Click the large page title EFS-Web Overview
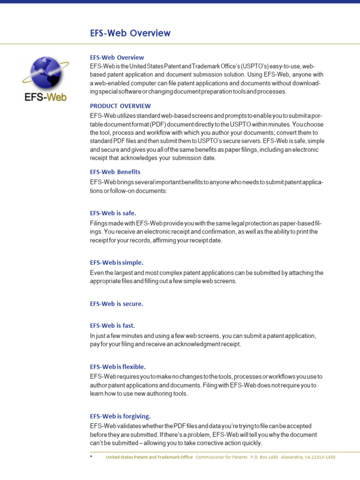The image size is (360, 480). click(130, 33)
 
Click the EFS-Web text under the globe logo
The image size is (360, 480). click(45, 97)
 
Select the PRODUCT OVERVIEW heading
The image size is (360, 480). click(120, 106)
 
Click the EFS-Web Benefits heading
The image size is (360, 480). click(115, 172)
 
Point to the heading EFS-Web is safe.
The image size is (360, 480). click(113, 213)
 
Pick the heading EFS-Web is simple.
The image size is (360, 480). click(116, 262)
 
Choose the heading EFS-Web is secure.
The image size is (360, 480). click(116, 304)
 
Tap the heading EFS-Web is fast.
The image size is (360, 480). click(112, 325)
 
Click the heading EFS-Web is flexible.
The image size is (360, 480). click(118, 367)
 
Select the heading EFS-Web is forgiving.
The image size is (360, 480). click(120, 416)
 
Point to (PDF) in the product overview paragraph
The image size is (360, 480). click(159, 124)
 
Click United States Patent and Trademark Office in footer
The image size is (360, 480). click(149, 457)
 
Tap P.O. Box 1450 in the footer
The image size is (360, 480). click(264, 457)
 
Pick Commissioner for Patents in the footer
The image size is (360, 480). click(221, 457)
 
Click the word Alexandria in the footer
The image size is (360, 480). click(292, 457)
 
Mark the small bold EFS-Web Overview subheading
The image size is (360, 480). click(117, 58)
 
